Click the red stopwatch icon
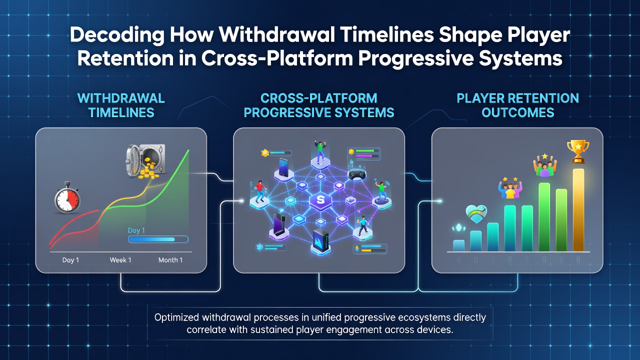67,197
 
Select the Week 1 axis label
120,260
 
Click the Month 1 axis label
170,260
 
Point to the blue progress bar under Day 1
158,239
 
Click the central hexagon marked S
320,200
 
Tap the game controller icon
357,175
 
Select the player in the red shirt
260,191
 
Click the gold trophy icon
578,151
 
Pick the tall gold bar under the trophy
578,210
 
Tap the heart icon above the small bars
476,214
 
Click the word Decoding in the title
117,35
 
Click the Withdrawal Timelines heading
121,105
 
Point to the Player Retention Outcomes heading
517,105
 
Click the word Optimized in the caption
176,317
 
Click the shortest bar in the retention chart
458,245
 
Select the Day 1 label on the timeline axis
70,260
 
